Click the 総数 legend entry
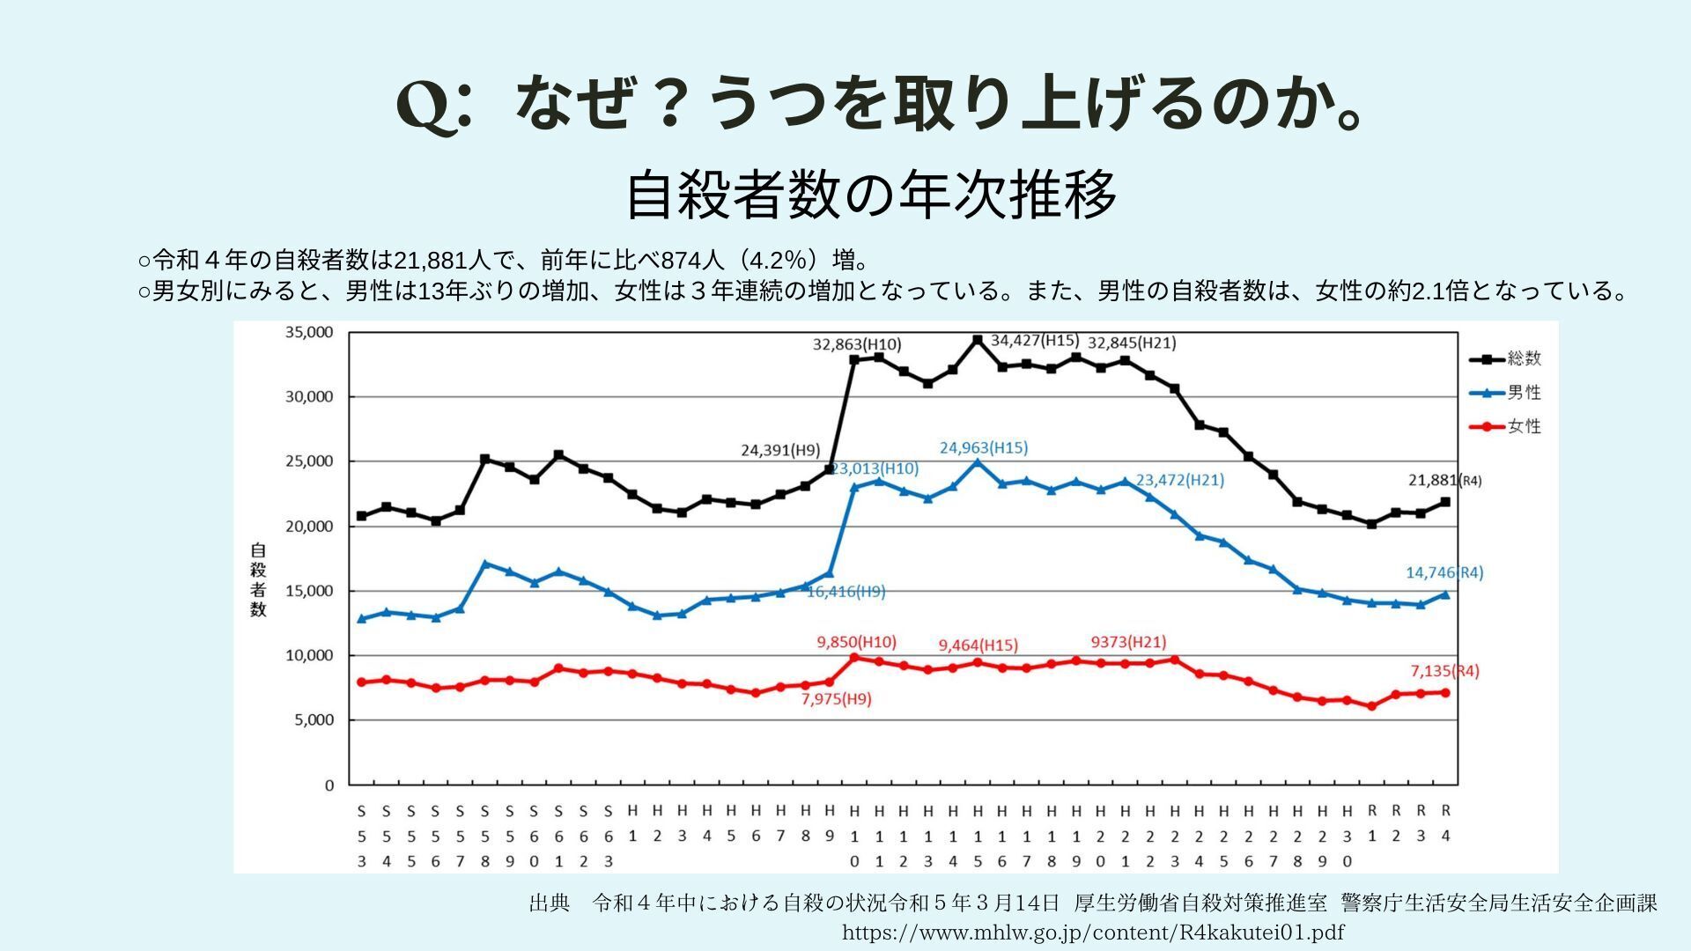click(x=1506, y=358)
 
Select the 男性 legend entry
click(x=1506, y=393)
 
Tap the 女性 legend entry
click(x=1506, y=426)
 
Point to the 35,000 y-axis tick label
click(x=308, y=332)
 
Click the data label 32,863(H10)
click(x=856, y=344)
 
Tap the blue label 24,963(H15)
click(x=983, y=447)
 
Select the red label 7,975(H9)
click(x=836, y=699)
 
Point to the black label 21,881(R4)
click(x=1444, y=480)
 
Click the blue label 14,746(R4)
click(x=1444, y=572)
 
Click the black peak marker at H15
click(x=977, y=340)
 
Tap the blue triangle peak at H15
click(x=977, y=462)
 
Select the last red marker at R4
click(x=1445, y=692)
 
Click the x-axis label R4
click(x=1445, y=822)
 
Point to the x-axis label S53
click(x=362, y=835)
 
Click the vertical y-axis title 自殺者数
click(x=257, y=579)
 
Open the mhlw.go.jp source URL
click(x=1093, y=932)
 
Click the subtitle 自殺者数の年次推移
click(x=871, y=195)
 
